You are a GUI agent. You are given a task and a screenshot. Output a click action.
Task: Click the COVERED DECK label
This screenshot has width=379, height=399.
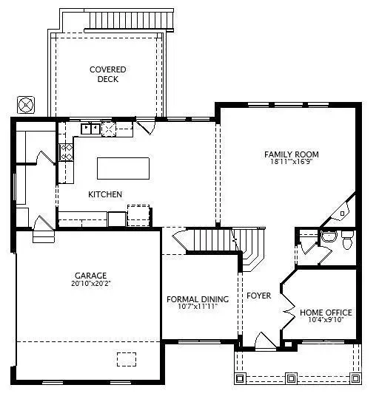click(x=108, y=75)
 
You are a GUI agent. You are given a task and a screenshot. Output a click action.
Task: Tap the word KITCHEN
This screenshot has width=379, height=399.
click(x=105, y=194)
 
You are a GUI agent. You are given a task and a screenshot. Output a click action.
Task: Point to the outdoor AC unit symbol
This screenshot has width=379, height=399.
click(x=27, y=104)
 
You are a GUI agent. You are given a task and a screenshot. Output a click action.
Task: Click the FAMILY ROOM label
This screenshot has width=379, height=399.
click(x=290, y=154)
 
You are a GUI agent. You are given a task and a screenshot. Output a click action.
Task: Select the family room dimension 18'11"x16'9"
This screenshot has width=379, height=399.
click(x=290, y=163)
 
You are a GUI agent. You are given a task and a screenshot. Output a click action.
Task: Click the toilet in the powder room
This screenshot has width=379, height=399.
click(x=346, y=237)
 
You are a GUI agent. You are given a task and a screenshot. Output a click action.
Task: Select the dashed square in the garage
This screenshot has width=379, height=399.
click(x=127, y=358)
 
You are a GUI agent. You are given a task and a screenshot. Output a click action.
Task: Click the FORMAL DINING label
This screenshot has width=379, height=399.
click(x=197, y=299)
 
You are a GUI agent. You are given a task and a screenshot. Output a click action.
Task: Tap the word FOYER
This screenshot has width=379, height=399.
click(x=259, y=296)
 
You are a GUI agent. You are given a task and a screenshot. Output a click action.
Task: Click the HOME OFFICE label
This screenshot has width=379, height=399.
click(x=326, y=313)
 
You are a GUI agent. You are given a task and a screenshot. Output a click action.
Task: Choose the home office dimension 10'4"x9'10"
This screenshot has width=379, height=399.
click(x=326, y=321)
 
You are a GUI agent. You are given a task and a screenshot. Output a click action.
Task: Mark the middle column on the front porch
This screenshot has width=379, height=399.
click(x=291, y=378)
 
